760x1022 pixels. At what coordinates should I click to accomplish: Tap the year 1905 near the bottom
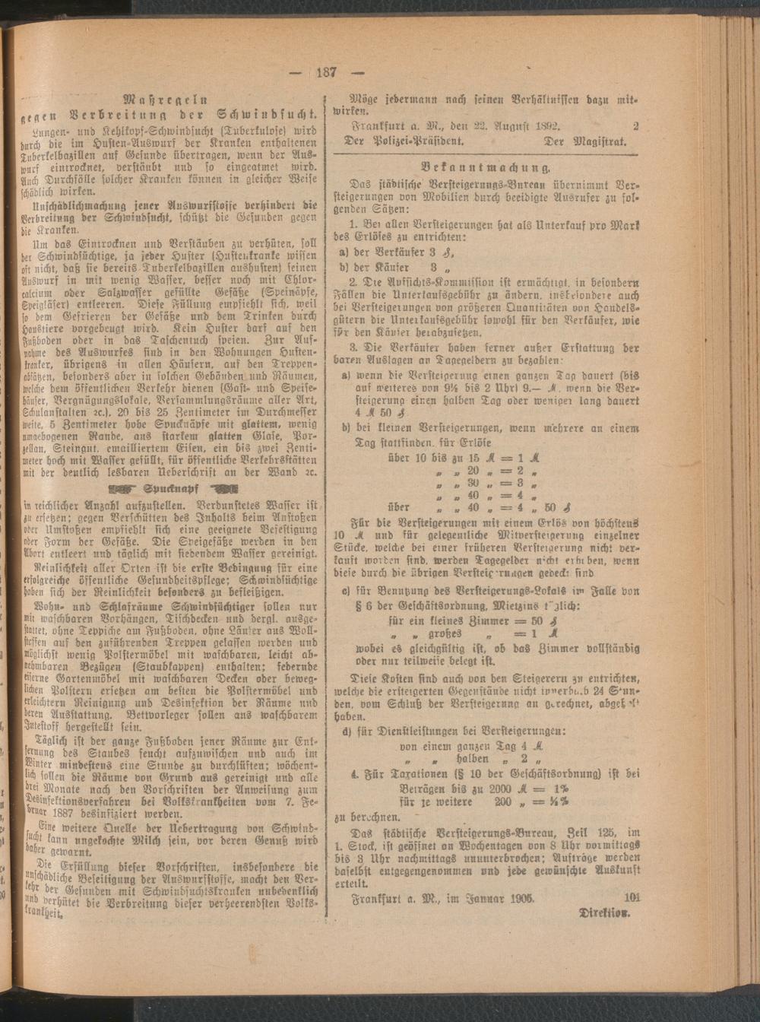point(518,897)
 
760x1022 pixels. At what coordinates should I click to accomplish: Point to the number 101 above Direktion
point(631,897)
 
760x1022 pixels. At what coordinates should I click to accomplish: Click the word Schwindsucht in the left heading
point(264,114)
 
